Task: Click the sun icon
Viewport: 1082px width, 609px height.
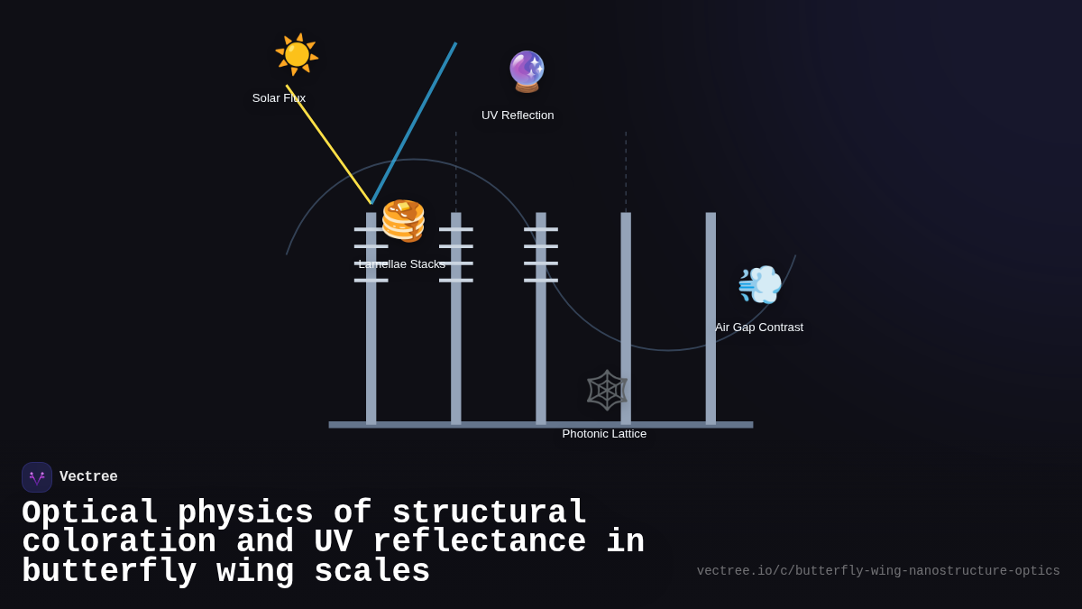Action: click(x=297, y=55)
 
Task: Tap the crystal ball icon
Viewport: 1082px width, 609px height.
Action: click(x=527, y=71)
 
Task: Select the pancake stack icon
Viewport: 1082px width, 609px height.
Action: click(x=403, y=221)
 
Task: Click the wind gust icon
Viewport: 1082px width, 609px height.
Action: click(x=759, y=285)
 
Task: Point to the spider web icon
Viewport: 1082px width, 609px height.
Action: click(x=607, y=390)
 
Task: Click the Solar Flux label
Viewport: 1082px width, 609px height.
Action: click(x=279, y=98)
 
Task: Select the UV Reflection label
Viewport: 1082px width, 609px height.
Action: click(x=518, y=115)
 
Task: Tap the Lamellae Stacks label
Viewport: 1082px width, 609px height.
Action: click(x=401, y=264)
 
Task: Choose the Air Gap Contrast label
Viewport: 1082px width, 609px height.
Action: click(x=759, y=328)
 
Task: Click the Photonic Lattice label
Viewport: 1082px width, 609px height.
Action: click(x=604, y=434)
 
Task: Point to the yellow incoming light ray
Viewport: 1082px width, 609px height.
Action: click(x=328, y=144)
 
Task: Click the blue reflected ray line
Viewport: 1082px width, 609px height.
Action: click(x=414, y=123)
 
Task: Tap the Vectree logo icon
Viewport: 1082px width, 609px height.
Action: click(x=37, y=477)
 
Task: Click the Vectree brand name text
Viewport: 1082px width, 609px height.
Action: click(x=88, y=477)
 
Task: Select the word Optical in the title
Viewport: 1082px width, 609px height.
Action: click(x=90, y=513)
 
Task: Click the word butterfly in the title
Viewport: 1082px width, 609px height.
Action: click(x=109, y=572)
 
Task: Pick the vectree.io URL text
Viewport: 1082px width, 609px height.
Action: click(x=878, y=571)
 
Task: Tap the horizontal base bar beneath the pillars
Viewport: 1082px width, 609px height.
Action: click(x=541, y=424)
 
